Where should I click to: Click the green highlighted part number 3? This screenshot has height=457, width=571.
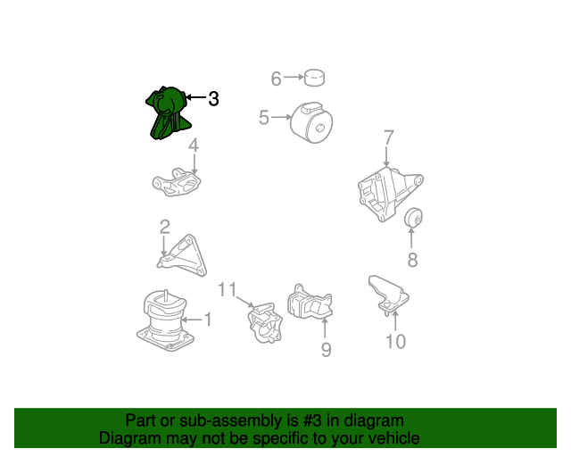pyautogui.click(x=168, y=113)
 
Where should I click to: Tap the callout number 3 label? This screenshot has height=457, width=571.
pyautogui.click(x=213, y=98)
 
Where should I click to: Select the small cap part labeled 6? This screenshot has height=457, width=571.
pyautogui.click(x=314, y=78)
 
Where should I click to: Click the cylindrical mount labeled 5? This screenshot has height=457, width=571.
pyautogui.click(x=311, y=122)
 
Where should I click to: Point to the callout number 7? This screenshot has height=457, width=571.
pyautogui.click(x=389, y=137)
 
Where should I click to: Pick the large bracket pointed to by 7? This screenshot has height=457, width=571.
pyautogui.click(x=388, y=194)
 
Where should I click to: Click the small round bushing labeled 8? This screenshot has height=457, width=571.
pyautogui.click(x=413, y=217)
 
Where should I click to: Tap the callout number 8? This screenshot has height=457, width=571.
pyautogui.click(x=412, y=260)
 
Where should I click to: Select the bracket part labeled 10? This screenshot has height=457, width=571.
pyautogui.click(x=388, y=295)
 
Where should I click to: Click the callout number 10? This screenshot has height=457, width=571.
pyautogui.click(x=395, y=342)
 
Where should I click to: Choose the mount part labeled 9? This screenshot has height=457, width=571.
pyautogui.click(x=310, y=302)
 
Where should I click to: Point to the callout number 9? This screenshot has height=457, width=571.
pyautogui.click(x=327, y=350)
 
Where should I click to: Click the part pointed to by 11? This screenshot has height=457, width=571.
pyautogui.click(x=265, y=323)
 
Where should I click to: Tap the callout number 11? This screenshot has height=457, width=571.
pyautogui.click(x=228, y=289)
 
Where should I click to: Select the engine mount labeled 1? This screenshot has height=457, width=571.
pyautogui.click(x=165, y=320)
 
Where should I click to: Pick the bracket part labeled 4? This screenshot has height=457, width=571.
pyautogui.click(x=177, y=182)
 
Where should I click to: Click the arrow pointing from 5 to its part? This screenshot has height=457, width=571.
pyautogui.click(x=281, y=117)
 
